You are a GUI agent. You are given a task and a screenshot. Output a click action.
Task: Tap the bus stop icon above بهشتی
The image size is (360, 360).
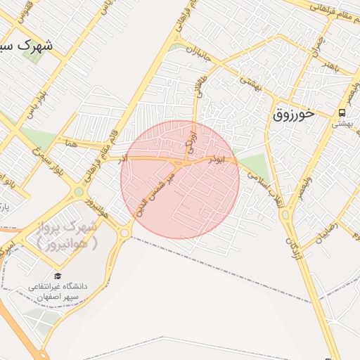pyautogui.click(x=342, y=112)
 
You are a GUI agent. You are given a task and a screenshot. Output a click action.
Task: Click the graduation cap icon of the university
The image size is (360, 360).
pyautogui.click(x=57, y=276)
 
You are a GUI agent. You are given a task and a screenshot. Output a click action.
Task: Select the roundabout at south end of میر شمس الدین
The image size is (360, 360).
pyautogui.click(x=124, y=233)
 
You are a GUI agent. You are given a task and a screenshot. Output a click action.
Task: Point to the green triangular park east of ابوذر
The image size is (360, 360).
pyautogui.click(x=256, y=167)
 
